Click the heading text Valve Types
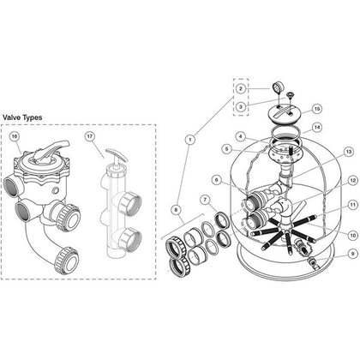pyautogui.click(x=22, y=117)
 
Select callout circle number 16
pyautogui.click(x=14, y=136)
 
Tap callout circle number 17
pyautogui.click(x=90, y=136)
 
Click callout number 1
pyautogui.click(x=190, y=140)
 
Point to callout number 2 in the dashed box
pyautogui.click(x=241, y=88)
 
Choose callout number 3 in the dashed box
pyautogui.click(x=241, y=107)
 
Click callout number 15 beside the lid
pyautogui.click(x=316, y=109)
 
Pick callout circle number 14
pyautogui.click(x=317, y=128)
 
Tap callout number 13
pyautogui.click(x=348, y=153)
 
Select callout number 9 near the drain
pyautogui.click(x=352, y=254)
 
